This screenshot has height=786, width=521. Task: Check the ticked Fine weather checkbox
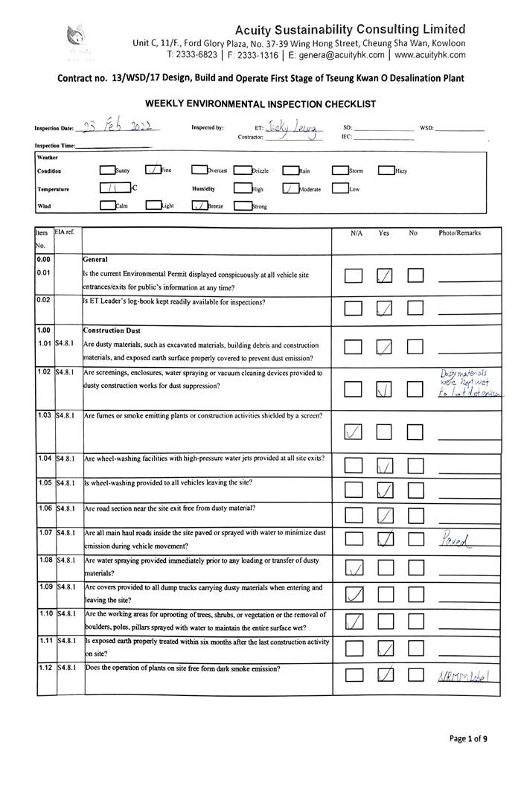pos(153,170)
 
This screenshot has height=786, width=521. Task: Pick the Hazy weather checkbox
pos(386,170)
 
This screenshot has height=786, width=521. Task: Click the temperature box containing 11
pos(115,188)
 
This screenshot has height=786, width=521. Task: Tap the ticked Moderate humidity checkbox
pos(290,188)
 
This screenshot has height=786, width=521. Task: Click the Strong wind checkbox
pos(243,206)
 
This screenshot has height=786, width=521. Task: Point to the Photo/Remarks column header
pos(459,233)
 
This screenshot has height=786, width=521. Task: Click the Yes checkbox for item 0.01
pos(385,277)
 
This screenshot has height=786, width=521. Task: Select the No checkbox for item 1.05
pos(415,490)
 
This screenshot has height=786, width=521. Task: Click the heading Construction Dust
pos(112,330)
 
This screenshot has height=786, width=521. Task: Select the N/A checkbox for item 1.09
pos(354,594)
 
